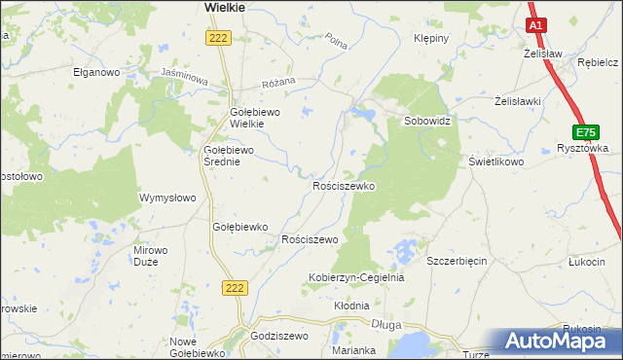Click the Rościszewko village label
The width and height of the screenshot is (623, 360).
pos(343,185)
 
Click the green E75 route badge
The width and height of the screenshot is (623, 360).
pos(585,131)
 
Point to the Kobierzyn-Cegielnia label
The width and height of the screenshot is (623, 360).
pos(355,277)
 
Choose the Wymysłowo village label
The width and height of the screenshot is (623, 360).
pos(168,198)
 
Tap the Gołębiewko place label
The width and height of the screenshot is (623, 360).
pos(239,227)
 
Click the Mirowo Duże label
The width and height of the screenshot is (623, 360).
pos(150,255)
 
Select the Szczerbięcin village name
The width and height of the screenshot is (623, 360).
pos(457,262)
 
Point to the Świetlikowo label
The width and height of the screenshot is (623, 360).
pos(496,162)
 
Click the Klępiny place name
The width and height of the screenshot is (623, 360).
pos(431,39)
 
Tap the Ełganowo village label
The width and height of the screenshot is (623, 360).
pos(95,72)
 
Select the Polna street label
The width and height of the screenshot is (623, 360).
pos(338,42)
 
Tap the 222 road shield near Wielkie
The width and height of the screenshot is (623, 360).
pos(217,37)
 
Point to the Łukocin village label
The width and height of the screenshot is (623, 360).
pos(586,262)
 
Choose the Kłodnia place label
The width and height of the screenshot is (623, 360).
pos(352,306)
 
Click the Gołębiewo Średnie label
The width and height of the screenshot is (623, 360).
pos(228,156)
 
